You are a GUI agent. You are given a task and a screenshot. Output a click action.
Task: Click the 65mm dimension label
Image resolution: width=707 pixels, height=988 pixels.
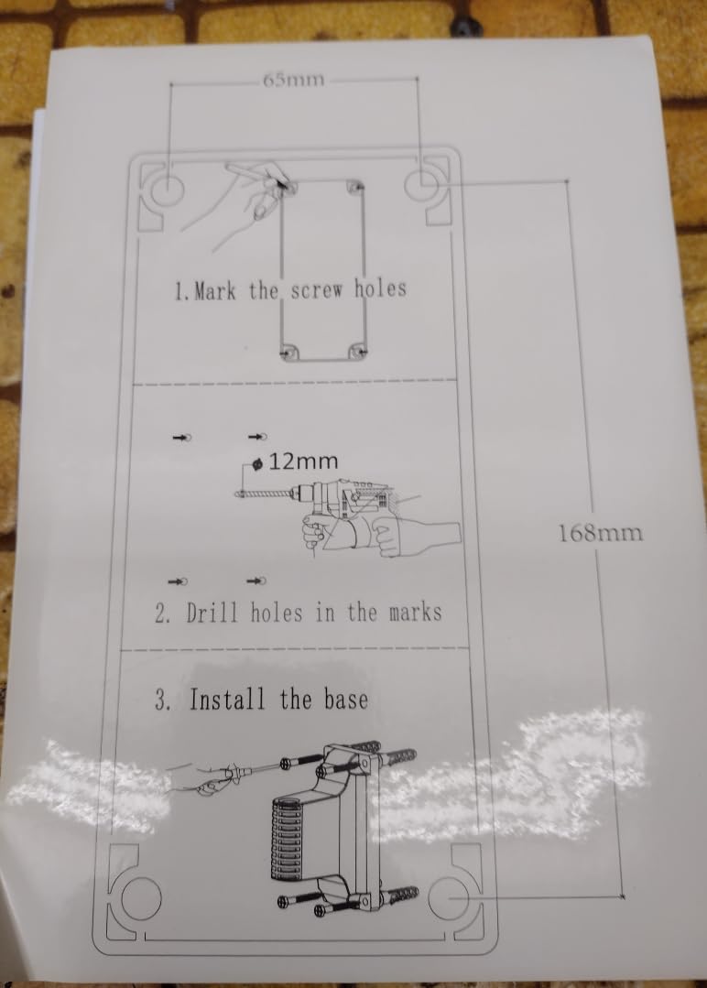(294, 80)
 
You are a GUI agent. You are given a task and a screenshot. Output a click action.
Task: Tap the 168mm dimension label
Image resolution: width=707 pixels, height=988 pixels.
(601, 533)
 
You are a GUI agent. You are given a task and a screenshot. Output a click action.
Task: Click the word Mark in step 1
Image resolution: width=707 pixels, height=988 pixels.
(215, 291)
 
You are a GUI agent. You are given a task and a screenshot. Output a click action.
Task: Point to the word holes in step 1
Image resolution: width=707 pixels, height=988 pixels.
(380, 288)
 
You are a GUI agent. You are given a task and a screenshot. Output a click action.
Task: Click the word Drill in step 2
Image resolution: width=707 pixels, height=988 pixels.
(212, 613)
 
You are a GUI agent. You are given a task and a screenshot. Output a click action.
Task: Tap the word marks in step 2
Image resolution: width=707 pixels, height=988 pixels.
(415, 612)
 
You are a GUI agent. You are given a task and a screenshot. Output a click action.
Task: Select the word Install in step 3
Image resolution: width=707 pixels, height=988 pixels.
(227, 699)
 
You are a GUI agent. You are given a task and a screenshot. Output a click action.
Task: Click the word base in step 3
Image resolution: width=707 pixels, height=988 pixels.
(345, 699)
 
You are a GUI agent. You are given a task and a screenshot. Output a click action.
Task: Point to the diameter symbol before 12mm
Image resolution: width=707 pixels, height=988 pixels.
(257, 464)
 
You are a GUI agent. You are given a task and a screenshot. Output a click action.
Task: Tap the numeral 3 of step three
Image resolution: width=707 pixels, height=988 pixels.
(161, 700)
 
